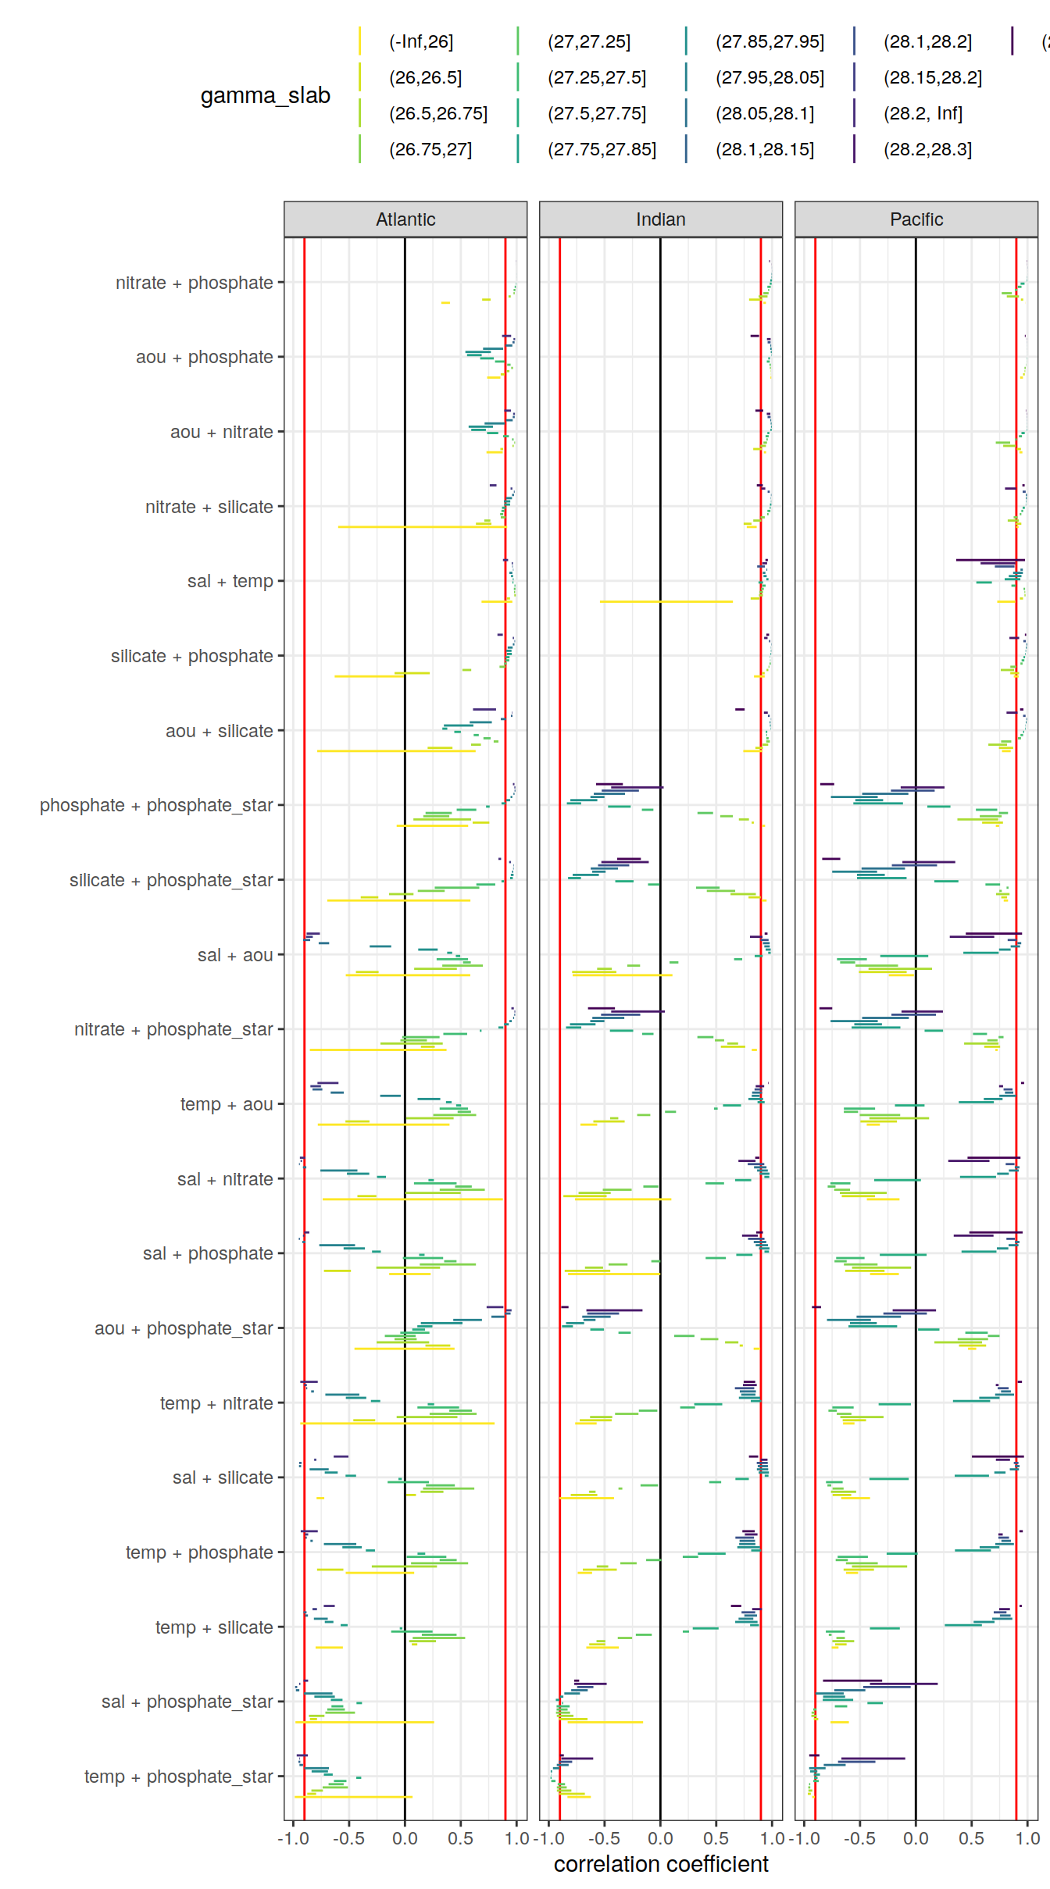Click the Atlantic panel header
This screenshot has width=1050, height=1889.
click(x=405, y=219)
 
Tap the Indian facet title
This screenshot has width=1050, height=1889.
click(x=660, y=219)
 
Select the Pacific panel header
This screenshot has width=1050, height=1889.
click(x=916, y=219)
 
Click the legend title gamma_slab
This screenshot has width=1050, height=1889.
click(x=265, y=95)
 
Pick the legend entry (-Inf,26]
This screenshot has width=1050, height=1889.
click(x=421, y=41)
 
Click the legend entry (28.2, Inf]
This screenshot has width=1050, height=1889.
click(x=923, y=113)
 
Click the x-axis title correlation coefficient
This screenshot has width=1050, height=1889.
click(x=661, y=1864)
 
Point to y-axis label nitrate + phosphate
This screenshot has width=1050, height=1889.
click(x=194, y=283)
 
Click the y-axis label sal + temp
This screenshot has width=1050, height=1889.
click(x=230, y=581)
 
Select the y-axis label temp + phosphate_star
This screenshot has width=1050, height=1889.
click(x=178, y=1777)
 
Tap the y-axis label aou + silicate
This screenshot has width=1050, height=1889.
click(x=219, y=731)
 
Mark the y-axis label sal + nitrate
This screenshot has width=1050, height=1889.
click(x=225, y=1179)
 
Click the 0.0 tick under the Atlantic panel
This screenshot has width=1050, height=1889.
click(x=405, y=1838)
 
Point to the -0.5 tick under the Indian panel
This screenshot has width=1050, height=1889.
click(x=603, y=1838)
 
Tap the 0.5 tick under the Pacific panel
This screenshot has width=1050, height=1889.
click(x=971, y=1838)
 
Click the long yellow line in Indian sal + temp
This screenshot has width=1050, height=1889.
click(x=666, y=601)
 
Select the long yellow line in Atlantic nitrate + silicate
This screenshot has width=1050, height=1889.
click(x=422, y=527)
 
